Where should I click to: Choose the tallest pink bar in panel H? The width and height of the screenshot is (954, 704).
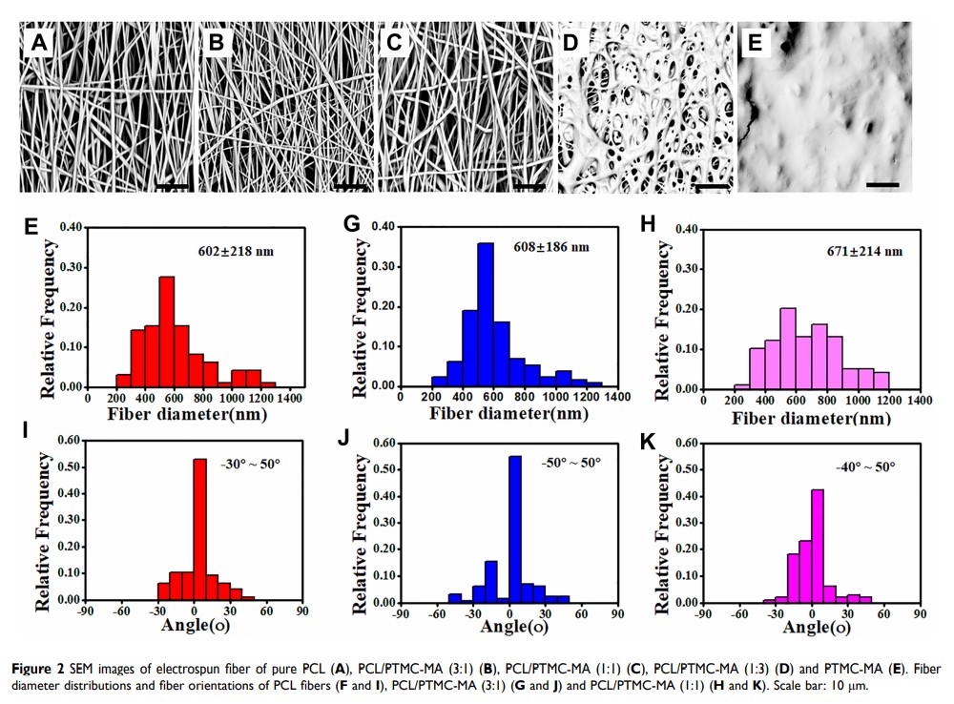click(787, 348)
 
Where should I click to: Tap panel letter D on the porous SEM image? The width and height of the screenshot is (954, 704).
click(571, 43)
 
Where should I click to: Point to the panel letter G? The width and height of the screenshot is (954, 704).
click(350, 224)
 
